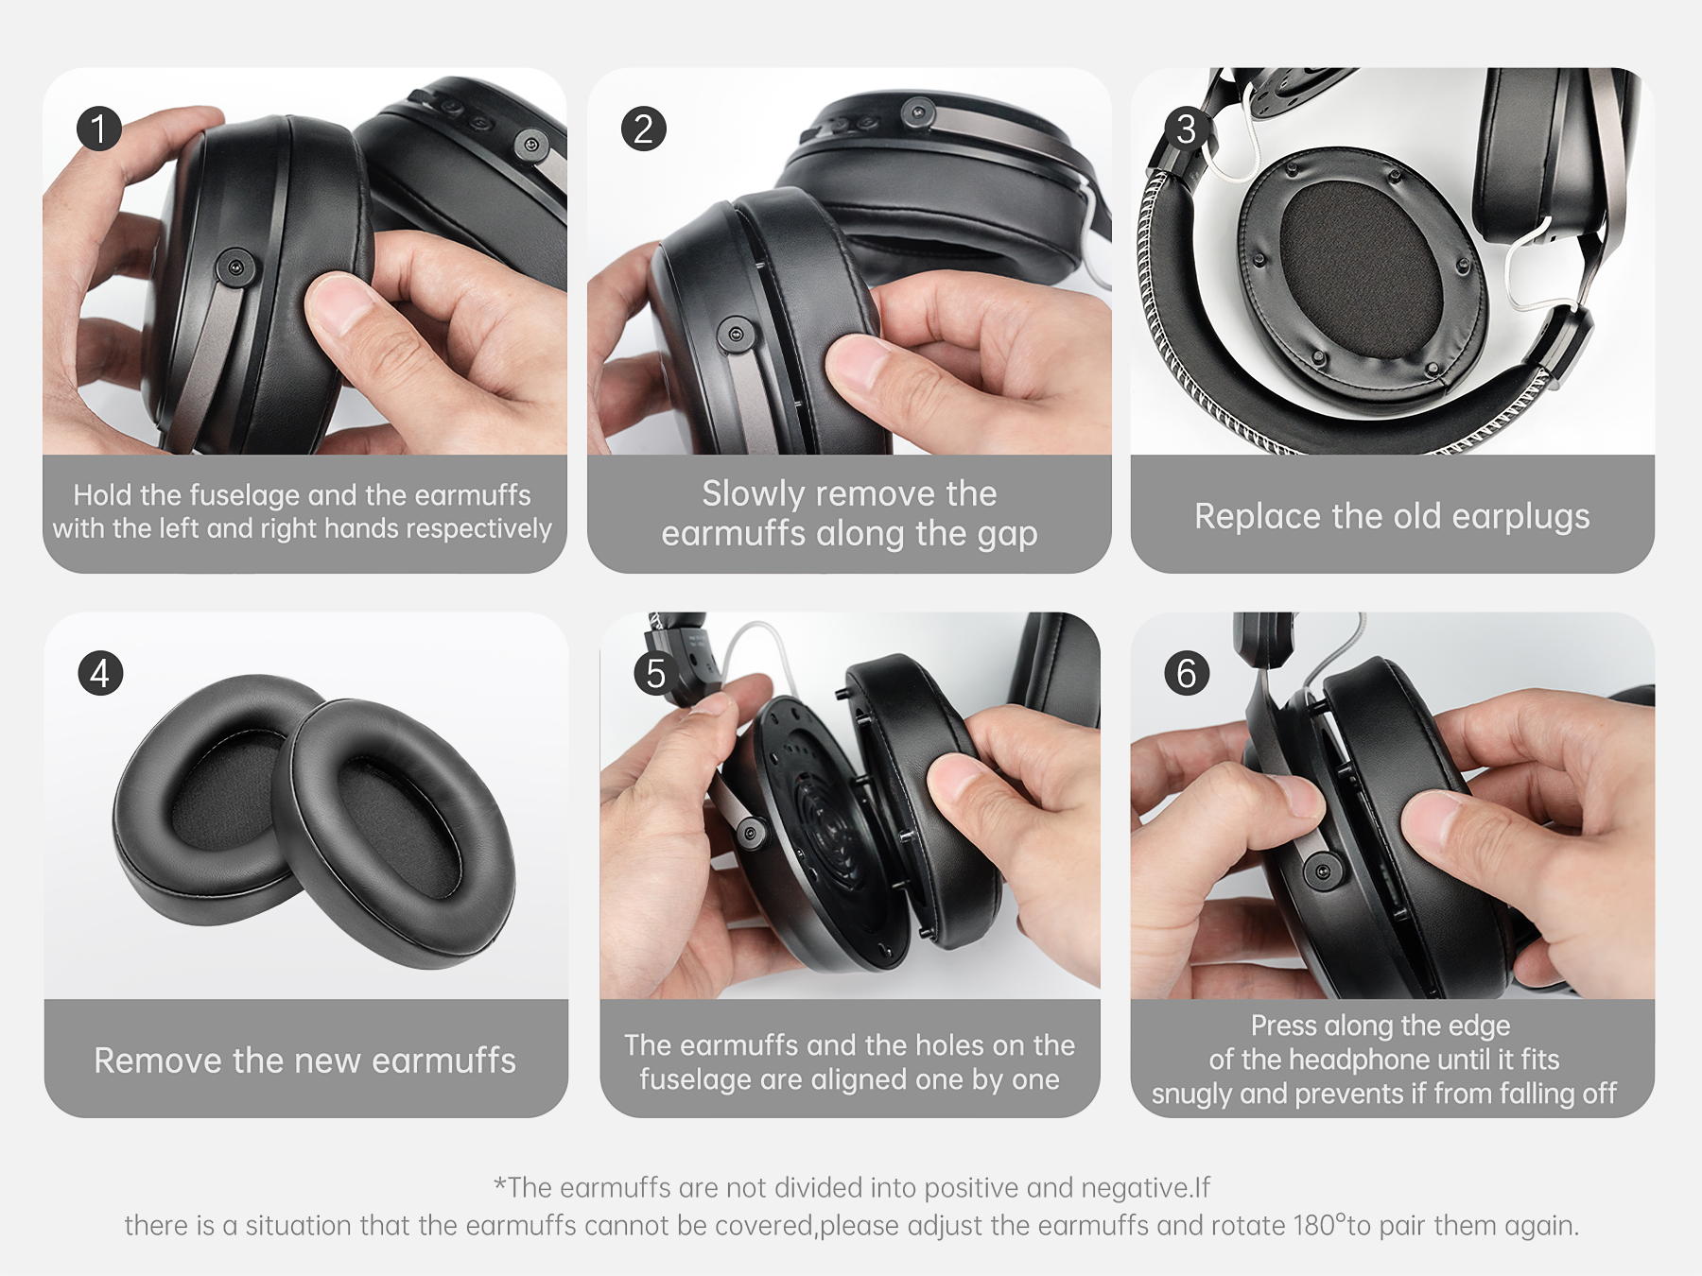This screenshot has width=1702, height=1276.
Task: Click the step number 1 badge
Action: tap(99, 129)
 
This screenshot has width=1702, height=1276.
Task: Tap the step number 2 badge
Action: tap(644, 129)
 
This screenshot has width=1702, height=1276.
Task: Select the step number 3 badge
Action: tap(1187, 129)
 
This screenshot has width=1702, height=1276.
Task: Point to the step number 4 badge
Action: tap(100, 673)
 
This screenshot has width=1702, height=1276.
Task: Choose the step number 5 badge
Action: tap(656, 673)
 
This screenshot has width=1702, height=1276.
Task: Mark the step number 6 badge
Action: tap(1187, 673)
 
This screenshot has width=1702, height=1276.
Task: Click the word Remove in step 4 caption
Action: tap(158, 1060)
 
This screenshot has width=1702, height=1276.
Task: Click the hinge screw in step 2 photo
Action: tap(735, 335)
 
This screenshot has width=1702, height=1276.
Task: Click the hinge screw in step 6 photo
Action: tap(1322, 871)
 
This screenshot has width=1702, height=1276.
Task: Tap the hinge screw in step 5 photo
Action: tap(751, 833)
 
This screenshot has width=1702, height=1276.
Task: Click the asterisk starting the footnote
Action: tap(500, 1183)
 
